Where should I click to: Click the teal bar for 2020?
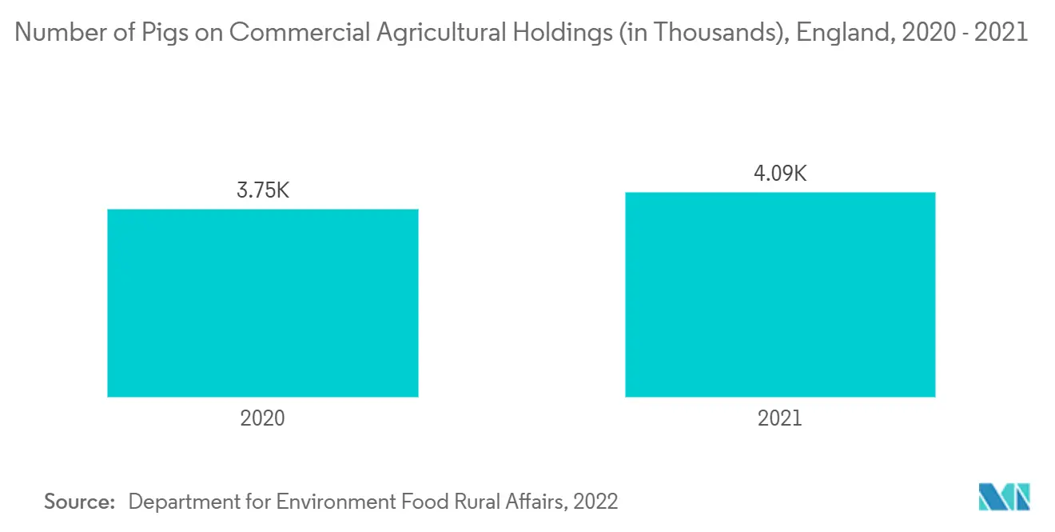click(262, 302)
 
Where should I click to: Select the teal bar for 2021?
click(780, 294)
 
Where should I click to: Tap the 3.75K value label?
click(262, 190)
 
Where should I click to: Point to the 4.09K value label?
click(780, 174)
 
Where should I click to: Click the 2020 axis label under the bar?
click(262, 418)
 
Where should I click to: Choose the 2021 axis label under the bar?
click(780, 418)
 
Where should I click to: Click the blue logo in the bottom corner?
click(1005, 496)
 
